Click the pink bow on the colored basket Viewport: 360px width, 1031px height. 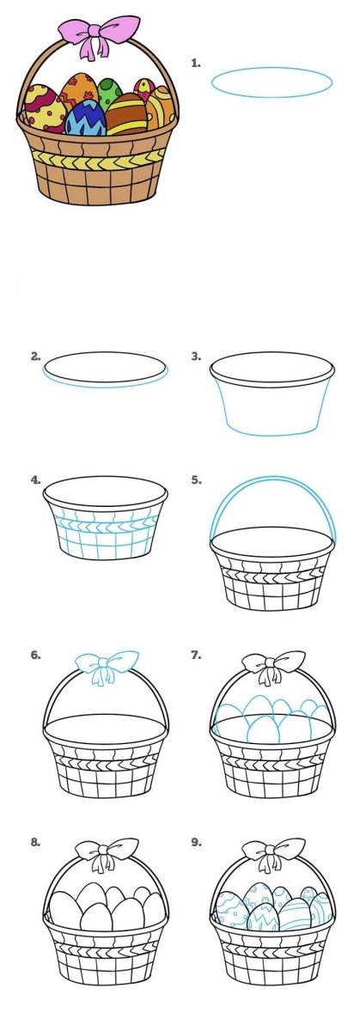pos(98,35)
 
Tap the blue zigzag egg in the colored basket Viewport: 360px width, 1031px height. pos(86,118)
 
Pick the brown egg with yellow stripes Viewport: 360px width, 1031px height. pos(127,113)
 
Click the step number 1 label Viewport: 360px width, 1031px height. pos(196,64)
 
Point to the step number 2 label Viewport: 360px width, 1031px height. pos(36,357)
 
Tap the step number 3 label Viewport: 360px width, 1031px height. pos(196,357)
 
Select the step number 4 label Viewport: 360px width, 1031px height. pos(36,480)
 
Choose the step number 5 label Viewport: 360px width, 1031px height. pos(196,480)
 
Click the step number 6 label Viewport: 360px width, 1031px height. pos(36,655)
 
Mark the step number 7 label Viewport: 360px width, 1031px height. pos(196,655)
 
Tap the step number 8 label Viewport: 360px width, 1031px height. pos(36,843)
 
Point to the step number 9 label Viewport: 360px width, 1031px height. pos(196,843)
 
